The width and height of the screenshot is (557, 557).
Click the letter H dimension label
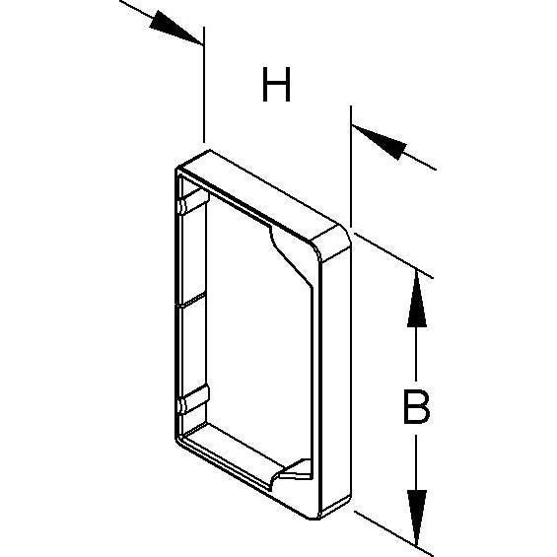tap(276, 84)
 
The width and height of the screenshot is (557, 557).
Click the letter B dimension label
tap(417, 407)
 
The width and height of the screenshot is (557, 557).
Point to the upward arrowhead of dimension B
tap(417, 299)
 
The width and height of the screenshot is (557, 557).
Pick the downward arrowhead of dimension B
tap(417, 518)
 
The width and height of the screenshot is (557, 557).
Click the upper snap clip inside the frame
tap(193, 201)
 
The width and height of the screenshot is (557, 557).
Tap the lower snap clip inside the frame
tap(193, 399)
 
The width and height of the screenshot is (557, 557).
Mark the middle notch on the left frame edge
tap(190, 300)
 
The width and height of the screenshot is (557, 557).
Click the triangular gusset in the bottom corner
tap(296, 469)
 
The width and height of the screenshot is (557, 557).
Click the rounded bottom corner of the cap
tap(315, 515)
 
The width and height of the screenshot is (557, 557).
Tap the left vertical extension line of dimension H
tap(204, 84)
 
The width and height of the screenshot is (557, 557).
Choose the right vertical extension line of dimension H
tap(351, 166)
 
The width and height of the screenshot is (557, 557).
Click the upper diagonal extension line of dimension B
tap(393, 255)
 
